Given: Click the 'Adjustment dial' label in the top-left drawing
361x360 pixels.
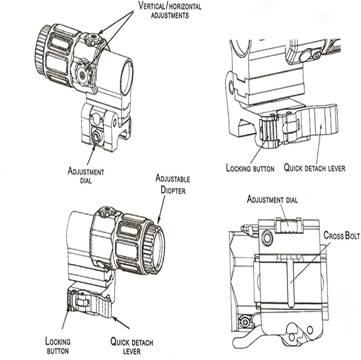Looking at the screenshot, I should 86,176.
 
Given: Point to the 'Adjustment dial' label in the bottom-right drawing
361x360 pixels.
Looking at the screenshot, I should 272,200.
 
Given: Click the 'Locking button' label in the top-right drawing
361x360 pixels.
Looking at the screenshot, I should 250,168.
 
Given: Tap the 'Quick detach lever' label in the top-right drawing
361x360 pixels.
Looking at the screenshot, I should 314,168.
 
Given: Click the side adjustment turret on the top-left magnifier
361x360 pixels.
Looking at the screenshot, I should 83,74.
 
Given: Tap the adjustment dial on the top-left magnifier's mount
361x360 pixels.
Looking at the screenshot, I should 96,136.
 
